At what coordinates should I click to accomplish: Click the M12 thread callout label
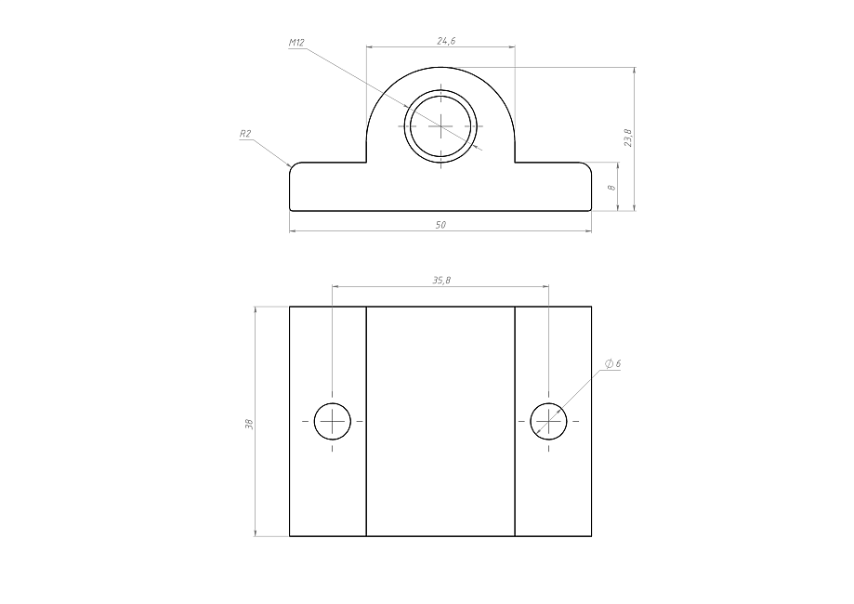[x=296, y=43]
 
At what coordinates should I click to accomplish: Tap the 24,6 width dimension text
[x=446, y=41]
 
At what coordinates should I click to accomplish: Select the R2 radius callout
[x=245, y=134]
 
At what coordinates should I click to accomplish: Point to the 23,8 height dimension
[x=628, y=138]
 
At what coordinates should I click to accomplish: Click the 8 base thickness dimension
[x=611, y=187]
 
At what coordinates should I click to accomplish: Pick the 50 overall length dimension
[x=440, y=224]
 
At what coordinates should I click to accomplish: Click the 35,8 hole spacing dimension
[x=441, y=281]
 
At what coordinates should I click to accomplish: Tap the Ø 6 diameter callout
[x=612, y=363]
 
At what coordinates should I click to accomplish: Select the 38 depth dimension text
[x=249, y=423]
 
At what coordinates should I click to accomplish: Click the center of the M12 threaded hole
[x=440, y=125]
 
